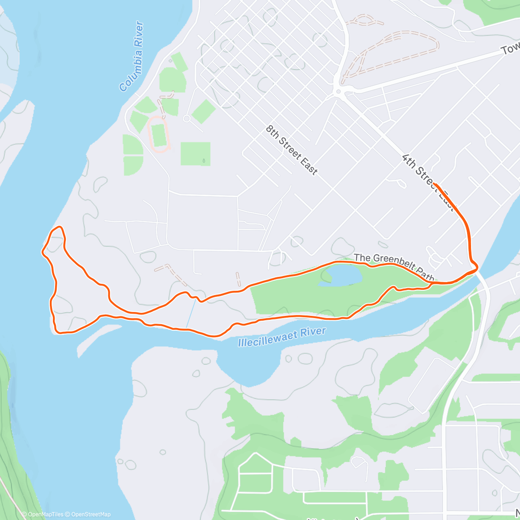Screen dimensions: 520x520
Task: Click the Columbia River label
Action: coord(132,56)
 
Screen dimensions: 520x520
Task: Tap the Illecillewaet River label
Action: coord(282,337)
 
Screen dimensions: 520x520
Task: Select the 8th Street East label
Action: coord(291,149)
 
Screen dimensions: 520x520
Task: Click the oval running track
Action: coord(159,134)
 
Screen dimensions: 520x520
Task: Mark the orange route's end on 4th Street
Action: coord(434,185)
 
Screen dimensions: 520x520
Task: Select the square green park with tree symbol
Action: coord(195,154)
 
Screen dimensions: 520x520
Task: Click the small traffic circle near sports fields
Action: coord(187,118)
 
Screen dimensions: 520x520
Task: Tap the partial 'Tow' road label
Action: coord(510,49)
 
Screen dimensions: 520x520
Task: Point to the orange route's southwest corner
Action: coord(58,332)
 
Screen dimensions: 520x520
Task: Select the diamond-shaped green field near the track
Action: coord(204,111)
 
